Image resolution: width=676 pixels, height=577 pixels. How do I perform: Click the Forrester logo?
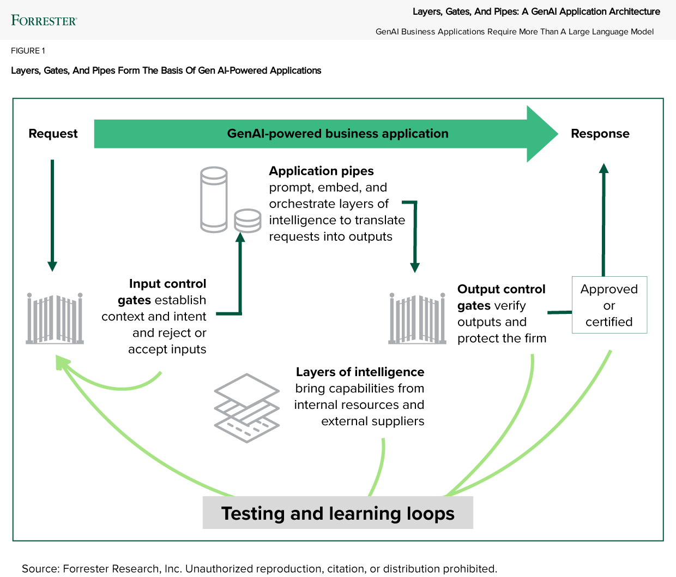[44, 21]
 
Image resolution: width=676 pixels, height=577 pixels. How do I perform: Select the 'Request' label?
[53, 134]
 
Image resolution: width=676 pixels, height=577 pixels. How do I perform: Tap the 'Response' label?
[600, 134]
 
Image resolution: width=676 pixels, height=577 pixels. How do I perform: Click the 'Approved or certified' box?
[609, 305]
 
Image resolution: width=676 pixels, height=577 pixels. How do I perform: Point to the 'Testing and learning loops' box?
[337, 513]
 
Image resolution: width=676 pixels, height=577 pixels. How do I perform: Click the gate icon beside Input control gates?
[55, 319]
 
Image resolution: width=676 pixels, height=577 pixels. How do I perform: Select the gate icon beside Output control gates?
[417, 319]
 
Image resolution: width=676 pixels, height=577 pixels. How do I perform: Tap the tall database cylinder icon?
[214, 200]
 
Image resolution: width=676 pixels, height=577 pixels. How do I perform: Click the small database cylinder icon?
[248, 221]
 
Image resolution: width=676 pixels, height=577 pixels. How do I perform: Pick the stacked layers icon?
[247, 408]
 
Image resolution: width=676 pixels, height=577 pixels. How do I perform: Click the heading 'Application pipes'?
[321, 171]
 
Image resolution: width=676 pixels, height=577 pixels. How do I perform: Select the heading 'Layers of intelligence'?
[360, 372]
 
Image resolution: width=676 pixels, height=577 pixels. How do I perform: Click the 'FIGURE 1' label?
[28, 51]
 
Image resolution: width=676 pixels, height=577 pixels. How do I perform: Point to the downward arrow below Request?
[52, 215]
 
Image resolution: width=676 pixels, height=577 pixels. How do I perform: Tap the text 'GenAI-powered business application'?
[337, 134]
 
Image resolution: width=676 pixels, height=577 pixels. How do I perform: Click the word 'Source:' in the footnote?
[40, 569]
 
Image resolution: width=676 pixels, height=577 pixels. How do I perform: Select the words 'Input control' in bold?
[167, 284]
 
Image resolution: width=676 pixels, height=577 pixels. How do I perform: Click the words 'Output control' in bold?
[501, 289]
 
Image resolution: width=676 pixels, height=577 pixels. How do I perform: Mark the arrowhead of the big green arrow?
[542, 134]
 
